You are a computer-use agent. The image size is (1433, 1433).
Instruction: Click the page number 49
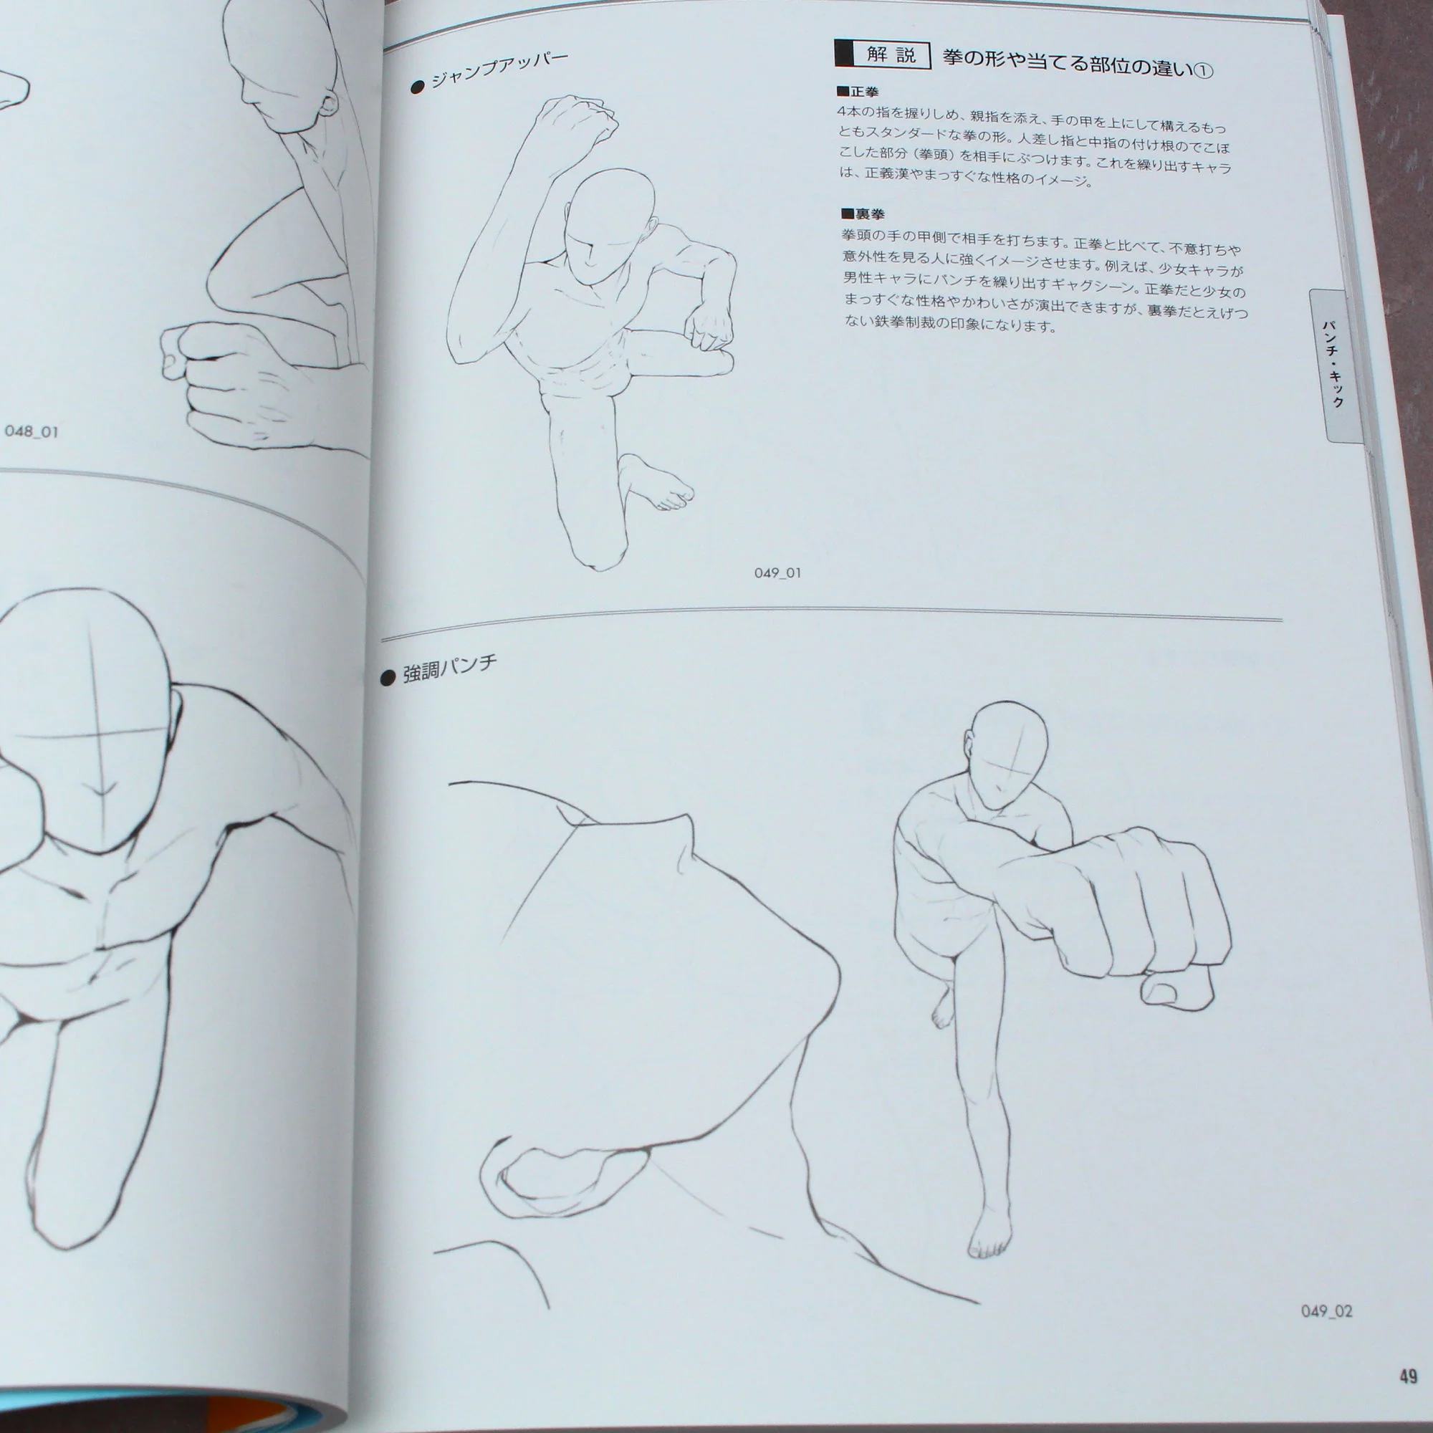1409,1376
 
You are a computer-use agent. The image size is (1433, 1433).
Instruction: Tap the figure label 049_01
777,572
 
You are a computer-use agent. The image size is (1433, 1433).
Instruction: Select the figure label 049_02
1327,1310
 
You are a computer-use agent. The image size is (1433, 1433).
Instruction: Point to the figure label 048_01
31,431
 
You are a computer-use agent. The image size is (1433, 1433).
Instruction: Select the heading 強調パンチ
449,668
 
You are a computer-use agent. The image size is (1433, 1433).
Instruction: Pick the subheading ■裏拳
863,214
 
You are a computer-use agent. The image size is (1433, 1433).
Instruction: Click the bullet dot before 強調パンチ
387,678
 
